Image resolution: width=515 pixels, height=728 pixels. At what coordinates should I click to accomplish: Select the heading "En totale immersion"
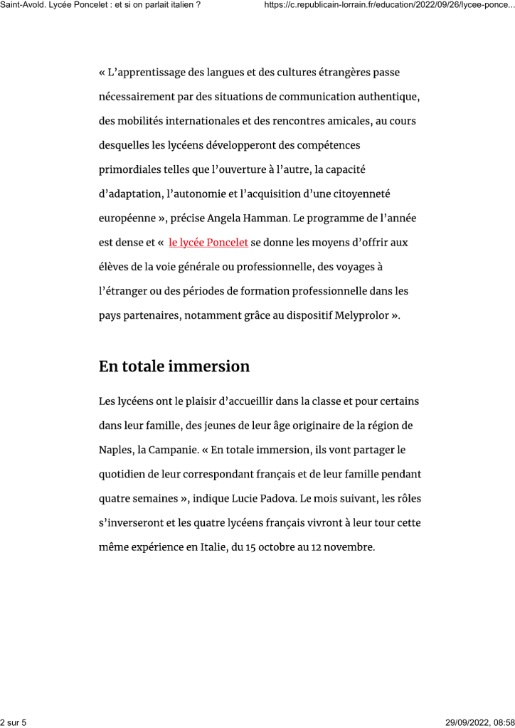tap(174, 366)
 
